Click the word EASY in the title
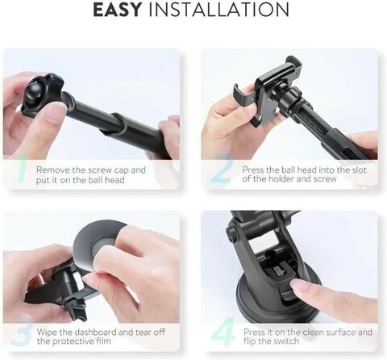click(x=117, y=10)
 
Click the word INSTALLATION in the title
click(x=218, y=10)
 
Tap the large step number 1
click(x=22, y=170)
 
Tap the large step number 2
click(x=221, y=169)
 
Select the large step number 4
click(x=223, y=333)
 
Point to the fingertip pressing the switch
click(x=298, y=286)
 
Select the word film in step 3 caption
click(x=103, y=341)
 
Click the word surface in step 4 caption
click(x=338, y=332)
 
